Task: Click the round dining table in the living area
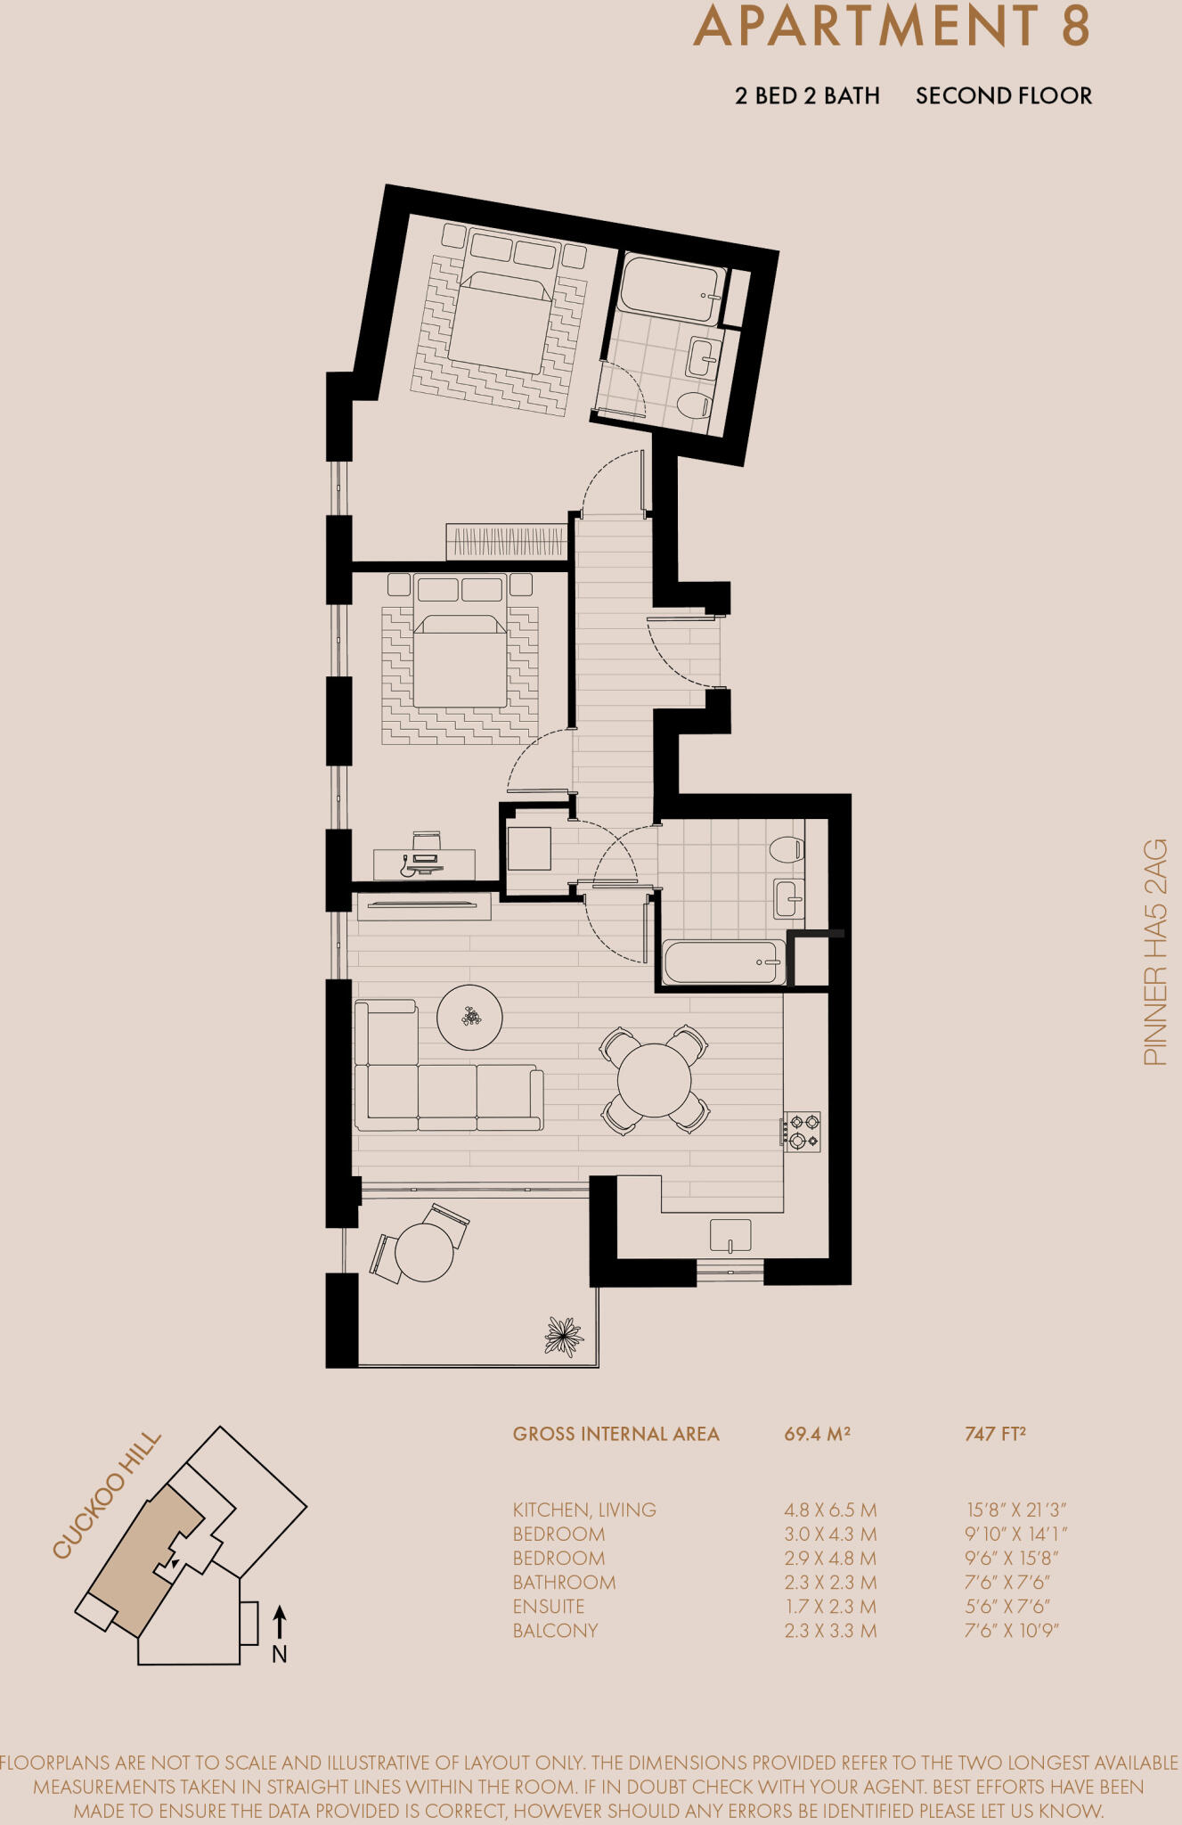654,1080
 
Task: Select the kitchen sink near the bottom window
730,1236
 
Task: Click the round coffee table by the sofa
469,1017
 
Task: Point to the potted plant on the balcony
563,1336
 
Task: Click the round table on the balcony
424,1252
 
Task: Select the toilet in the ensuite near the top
695,405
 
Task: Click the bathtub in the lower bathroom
724,962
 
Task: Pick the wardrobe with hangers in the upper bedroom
507,542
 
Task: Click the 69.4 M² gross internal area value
817,1434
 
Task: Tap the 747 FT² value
995,1434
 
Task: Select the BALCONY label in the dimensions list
555,1631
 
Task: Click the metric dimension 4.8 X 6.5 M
830,1510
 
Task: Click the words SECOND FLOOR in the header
1003,96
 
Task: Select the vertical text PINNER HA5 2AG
1154,951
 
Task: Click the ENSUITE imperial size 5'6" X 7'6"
1007,1607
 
